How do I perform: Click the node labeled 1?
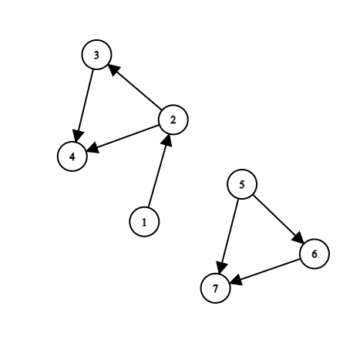144,221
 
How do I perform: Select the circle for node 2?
173,119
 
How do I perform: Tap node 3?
96,55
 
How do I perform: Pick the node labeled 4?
72,156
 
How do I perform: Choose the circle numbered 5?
242,184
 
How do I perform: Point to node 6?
315,254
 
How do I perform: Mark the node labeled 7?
215,288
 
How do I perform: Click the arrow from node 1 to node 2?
159,170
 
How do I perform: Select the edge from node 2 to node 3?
135,87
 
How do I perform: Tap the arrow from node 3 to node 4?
84,106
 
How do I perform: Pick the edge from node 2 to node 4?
123,138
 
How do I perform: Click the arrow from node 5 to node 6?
278,219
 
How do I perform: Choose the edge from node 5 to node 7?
228,236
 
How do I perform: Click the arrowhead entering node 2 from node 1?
167,140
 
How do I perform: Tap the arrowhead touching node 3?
114,69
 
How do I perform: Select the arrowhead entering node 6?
298,238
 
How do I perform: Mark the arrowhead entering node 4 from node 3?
78,136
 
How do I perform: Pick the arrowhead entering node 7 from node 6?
236,280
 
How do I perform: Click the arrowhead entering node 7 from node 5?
221,267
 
